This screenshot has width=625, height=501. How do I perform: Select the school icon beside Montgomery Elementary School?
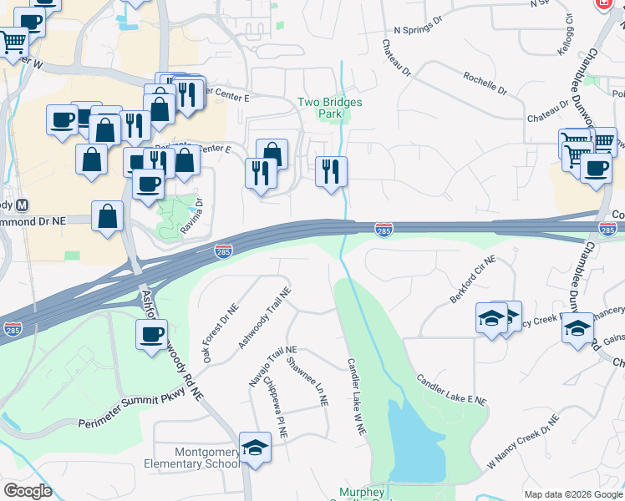(255, 448)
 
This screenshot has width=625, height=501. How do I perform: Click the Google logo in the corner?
(28, 490)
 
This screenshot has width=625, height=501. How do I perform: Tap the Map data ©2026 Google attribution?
(573, 494)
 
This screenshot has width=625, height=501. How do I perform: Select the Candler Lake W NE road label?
(357, 396)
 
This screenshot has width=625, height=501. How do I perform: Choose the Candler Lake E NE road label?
(451, 389)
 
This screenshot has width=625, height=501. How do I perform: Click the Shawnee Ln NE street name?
(306, 381)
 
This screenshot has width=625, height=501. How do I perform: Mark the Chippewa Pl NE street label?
(276, 408)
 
